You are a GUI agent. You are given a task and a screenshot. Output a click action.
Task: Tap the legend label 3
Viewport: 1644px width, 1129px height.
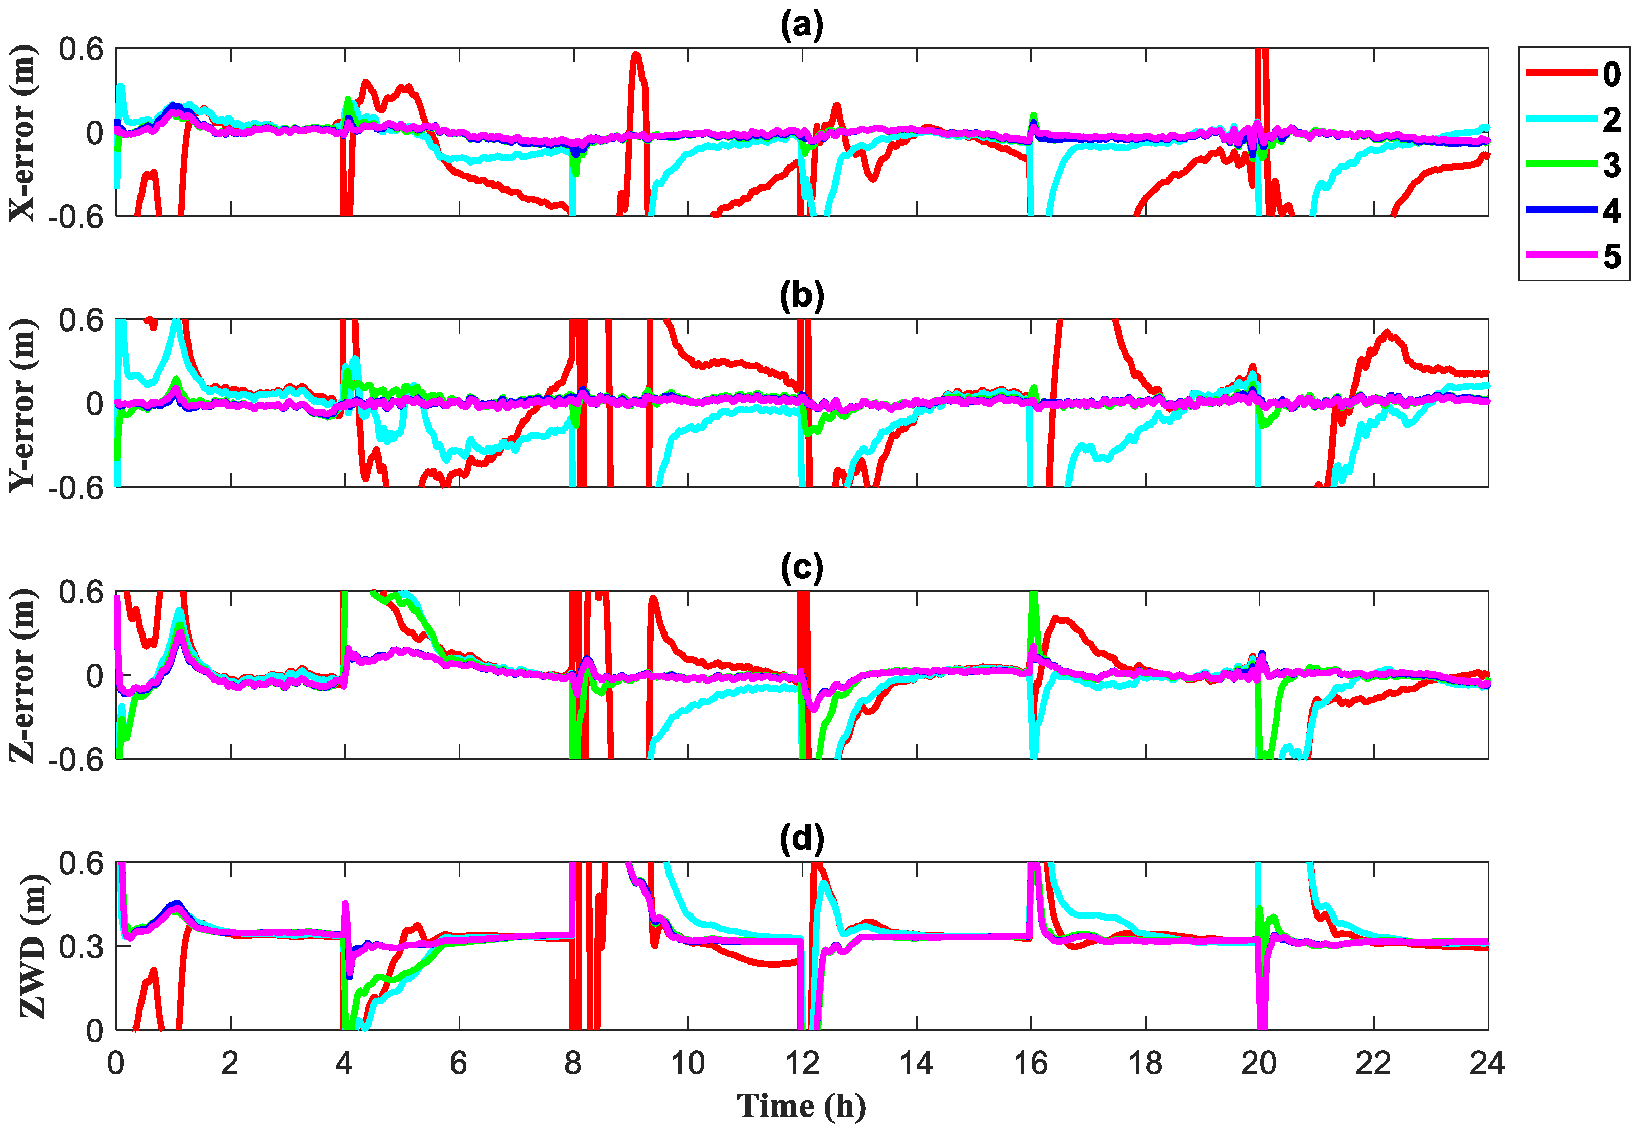[1611, 165]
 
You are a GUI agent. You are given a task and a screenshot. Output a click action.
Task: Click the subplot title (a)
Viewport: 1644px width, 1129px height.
[801, 26]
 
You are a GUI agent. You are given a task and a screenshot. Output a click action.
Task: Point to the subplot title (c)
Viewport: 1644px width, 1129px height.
[801, 568]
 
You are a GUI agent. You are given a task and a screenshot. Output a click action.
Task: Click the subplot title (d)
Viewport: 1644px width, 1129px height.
[801, 839]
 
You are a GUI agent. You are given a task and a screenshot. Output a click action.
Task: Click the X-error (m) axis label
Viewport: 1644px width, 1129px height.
[22, 132]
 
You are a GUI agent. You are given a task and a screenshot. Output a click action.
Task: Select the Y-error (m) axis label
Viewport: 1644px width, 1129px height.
[22, 404]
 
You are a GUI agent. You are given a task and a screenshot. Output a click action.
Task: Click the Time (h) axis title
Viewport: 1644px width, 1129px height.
[801, 1106]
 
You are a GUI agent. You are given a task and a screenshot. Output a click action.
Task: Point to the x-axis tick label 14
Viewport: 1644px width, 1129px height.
[916, 1063]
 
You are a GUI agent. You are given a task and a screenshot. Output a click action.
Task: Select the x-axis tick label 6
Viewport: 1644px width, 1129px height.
[459, 1063]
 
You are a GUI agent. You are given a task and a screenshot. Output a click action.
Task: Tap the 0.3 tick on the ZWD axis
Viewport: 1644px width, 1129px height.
[81, 947]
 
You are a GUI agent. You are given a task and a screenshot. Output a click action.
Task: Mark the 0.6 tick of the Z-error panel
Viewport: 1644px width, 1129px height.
[81, 592]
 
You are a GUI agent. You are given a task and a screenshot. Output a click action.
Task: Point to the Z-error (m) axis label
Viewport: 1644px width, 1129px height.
[22, 675]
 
